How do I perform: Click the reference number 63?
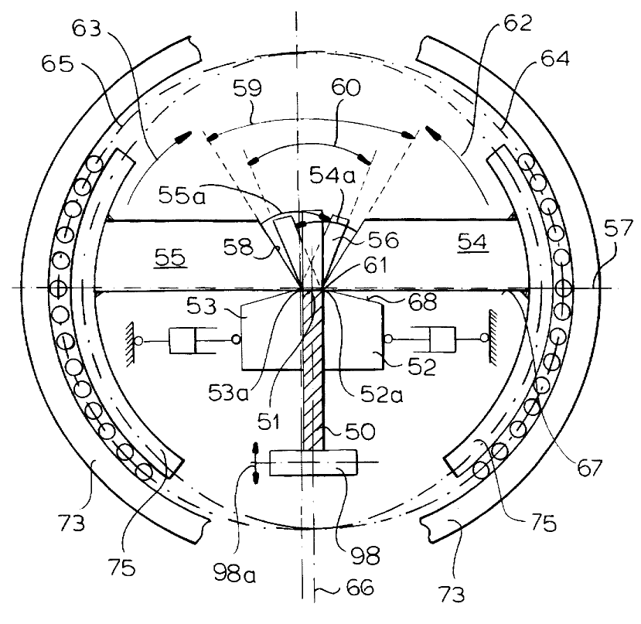tap(87, 29)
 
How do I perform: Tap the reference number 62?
tap(518, 23)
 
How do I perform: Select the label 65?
tap(57, 63)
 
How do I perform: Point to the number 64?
tap(554, 59)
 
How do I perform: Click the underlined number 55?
tap(170, 258)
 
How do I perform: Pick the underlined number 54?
tap(472, 243)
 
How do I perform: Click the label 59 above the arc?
tap(247, 87)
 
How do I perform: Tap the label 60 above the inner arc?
tap(346, 87)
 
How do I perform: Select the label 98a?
tap(234, 573)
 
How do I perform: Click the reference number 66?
tap(360, 588)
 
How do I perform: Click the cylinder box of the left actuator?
tap(182, 340)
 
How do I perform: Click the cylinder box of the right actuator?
tap(442, 339)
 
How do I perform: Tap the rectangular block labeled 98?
tap(312, 462)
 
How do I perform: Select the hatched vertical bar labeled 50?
tap(312, 369)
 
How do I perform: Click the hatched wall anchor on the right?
tap(493, 338)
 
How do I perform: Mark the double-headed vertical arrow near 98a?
tap(255, 463)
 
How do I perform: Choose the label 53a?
tap(228, 393)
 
